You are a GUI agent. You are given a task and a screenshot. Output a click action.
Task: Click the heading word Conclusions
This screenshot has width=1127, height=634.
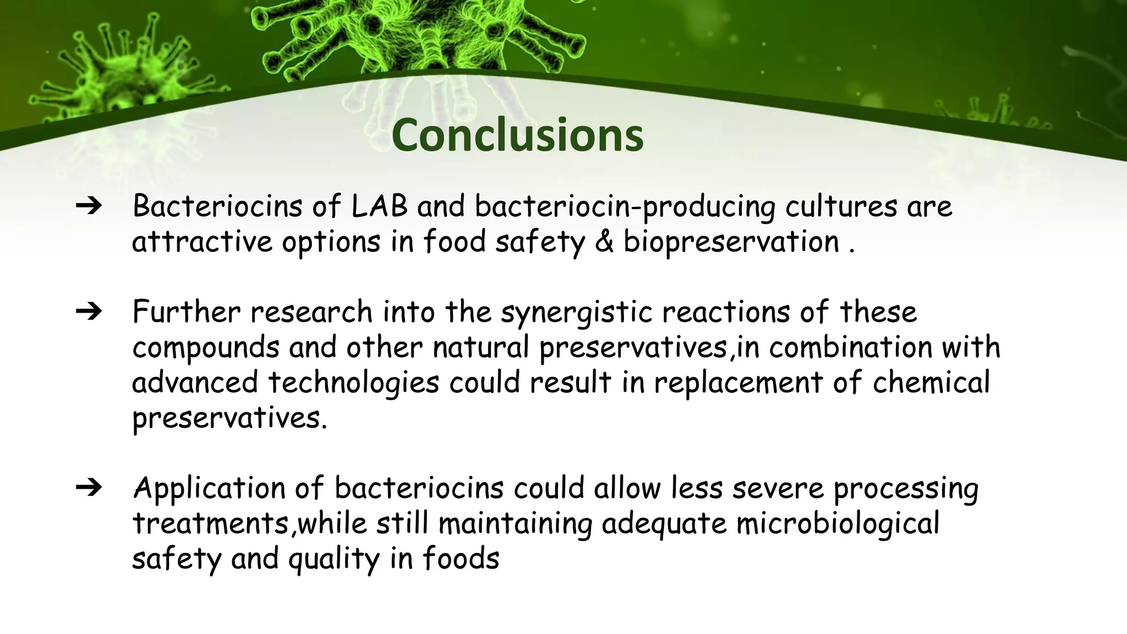click(517, 135)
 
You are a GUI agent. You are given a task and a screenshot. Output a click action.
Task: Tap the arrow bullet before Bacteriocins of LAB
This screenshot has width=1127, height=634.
click(89, 206)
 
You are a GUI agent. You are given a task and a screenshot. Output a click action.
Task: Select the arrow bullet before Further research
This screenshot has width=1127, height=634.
click(89, 311)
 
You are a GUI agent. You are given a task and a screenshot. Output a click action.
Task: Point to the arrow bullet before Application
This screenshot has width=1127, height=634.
click(89, 488)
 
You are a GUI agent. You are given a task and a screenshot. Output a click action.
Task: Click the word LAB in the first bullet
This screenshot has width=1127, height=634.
click(379, 206)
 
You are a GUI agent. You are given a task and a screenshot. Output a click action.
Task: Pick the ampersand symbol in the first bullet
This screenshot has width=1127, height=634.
click(604, 242)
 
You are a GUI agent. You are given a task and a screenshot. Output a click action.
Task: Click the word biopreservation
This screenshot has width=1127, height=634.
click(731, 242)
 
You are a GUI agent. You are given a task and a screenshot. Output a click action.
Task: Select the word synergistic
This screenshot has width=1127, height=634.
click(576, 312)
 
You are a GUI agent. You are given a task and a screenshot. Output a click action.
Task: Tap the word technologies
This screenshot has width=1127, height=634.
click(354, 382)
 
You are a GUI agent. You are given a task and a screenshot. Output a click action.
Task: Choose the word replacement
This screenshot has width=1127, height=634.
click(738, 382)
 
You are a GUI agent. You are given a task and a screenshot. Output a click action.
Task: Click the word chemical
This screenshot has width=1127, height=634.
click(931, 382)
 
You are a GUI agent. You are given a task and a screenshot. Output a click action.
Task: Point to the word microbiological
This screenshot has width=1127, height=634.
click(838, 523)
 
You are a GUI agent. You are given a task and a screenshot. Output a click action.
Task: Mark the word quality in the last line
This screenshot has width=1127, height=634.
click(334, 559)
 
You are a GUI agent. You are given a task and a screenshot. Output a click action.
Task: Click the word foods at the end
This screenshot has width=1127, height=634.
click(461, 558)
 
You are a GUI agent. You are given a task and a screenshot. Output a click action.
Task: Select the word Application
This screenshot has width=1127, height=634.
click(209, 489)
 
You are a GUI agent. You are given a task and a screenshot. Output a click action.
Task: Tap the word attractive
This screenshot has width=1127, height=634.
click(202, 242)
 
